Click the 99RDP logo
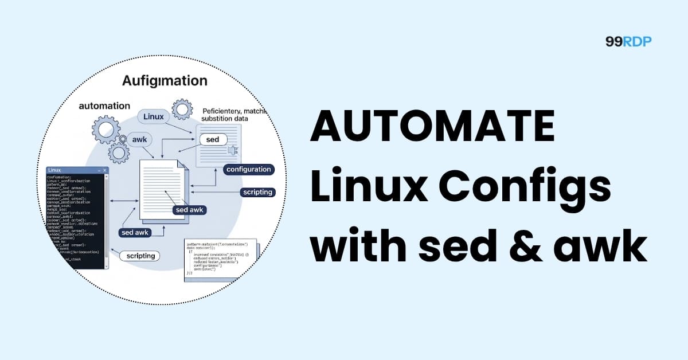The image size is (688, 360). tap(628, 41)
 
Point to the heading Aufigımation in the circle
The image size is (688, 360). tap(165, 81)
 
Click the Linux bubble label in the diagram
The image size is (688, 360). tap(154, 116)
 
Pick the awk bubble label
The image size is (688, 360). tap(140, 139)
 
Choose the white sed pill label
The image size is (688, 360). tap(213, 140)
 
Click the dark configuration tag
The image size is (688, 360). tap(248, 170)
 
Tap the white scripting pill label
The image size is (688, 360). tap(140, 256)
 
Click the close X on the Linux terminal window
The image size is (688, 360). tap(104, 170)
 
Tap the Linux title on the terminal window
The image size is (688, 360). tap(55, 170)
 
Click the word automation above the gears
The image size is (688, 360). tap(104, 106)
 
